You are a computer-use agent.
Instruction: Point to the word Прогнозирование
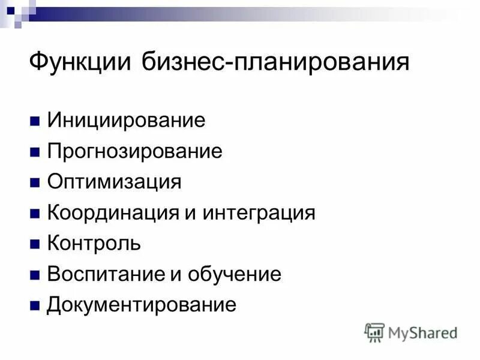[x=134, y=151]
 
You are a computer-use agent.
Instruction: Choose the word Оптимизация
[x=114, y=181]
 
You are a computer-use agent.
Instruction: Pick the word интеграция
[x=259, y=212]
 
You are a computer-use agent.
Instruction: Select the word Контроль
[x=94, y=244]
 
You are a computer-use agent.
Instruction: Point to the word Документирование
[x=142, y=305]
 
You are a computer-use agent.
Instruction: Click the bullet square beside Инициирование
[x=35, y=119]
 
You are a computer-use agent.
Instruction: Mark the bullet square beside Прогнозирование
[x=35, y=151]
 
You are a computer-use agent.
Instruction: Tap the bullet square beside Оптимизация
[x=35, y=182]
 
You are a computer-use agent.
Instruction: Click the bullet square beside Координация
[x=35, y=213]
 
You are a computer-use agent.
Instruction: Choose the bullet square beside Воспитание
[x=35, y=275]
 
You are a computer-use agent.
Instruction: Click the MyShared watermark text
[x=424, y=332]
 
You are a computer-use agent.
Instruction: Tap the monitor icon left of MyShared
[x=374, y=332]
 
